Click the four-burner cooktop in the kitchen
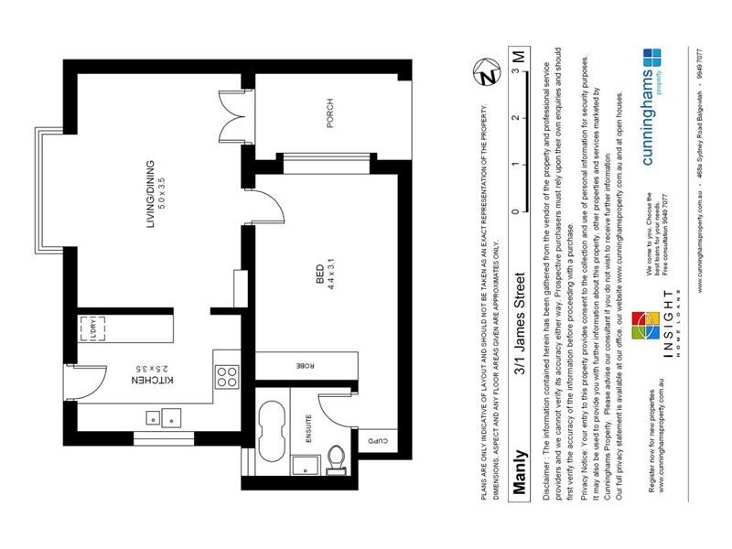point(226,376)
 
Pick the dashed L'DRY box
point(92,327)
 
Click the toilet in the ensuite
point(337,456)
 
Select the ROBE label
point(297,365)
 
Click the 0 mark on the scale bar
point(518,211)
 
